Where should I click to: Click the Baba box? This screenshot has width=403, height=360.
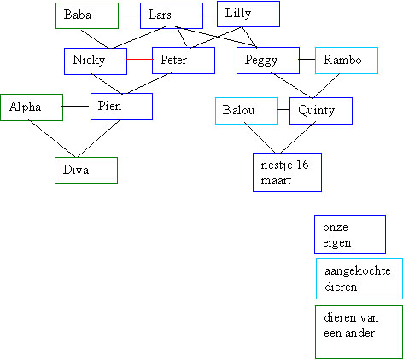[87, 15]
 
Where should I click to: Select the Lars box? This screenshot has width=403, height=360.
[172, 15]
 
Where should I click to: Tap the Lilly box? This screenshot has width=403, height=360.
[248, 14]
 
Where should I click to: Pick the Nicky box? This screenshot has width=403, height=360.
[96, 61]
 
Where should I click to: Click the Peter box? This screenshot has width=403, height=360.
[184, 61]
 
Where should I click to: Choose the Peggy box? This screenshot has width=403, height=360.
[268, 61]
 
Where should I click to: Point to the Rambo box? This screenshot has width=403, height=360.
[347, 61]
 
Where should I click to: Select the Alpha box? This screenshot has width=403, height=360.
[32, 107]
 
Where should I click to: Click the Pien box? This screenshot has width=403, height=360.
[121, 107]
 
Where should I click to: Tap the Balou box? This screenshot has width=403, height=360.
[247, 111]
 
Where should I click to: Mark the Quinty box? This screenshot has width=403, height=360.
[321, 111]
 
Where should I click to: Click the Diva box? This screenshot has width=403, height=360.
[86, 171]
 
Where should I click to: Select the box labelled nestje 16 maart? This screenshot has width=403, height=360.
[287, 172]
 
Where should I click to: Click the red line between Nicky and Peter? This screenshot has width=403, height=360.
[140, 59]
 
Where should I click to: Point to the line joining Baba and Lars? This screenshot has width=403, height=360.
[129, 15]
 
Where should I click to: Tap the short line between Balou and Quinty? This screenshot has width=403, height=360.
[283, 109]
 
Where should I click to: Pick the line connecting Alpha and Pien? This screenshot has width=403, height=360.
[76, 107]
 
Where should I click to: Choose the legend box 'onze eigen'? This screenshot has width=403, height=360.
[350, 235]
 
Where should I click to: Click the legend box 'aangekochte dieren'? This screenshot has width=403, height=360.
[359, 279]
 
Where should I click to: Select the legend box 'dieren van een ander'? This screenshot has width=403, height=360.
[359, 332]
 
